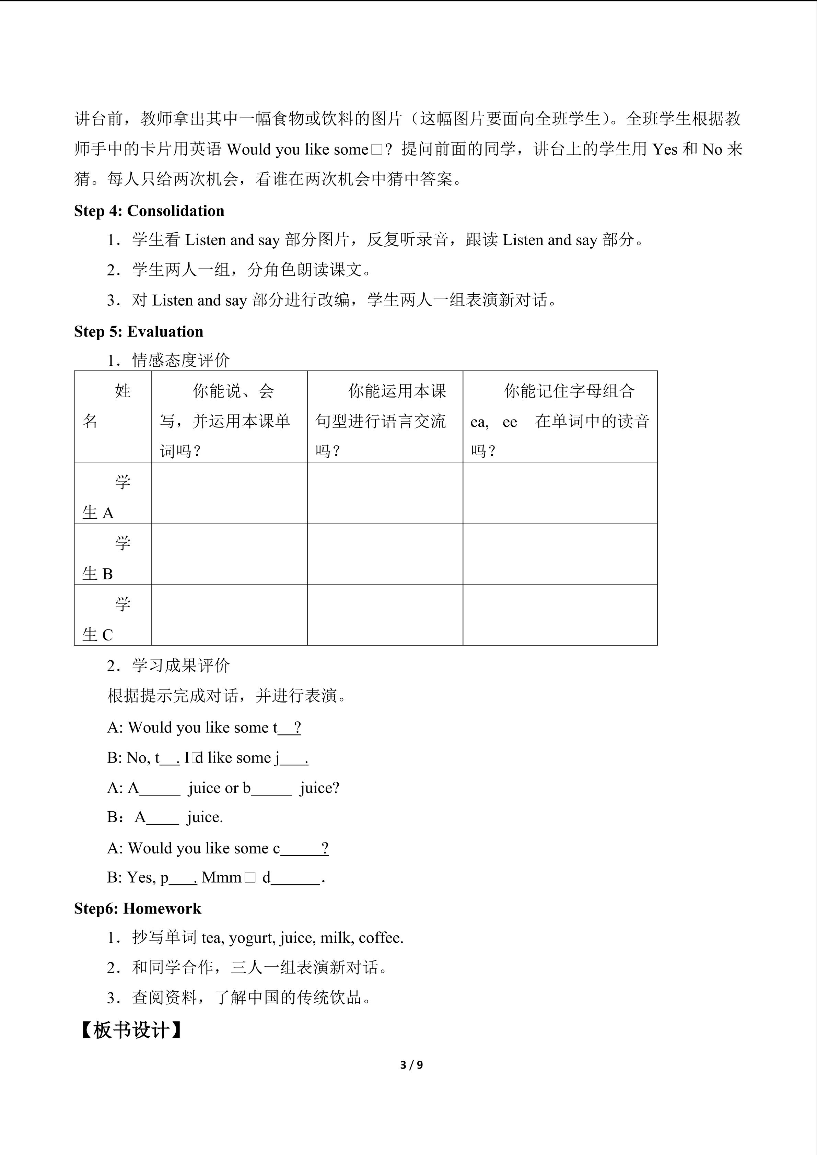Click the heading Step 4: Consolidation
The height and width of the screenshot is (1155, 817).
pyautogui.click(x=149, y=211)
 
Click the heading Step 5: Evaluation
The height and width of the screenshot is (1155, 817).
pyautogui.click(x=138, y=331)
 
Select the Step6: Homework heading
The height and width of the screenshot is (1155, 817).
pyautogui.click(x=137, y=908)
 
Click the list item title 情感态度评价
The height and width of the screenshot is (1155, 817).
pyautogui.click(x=180, y=360)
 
